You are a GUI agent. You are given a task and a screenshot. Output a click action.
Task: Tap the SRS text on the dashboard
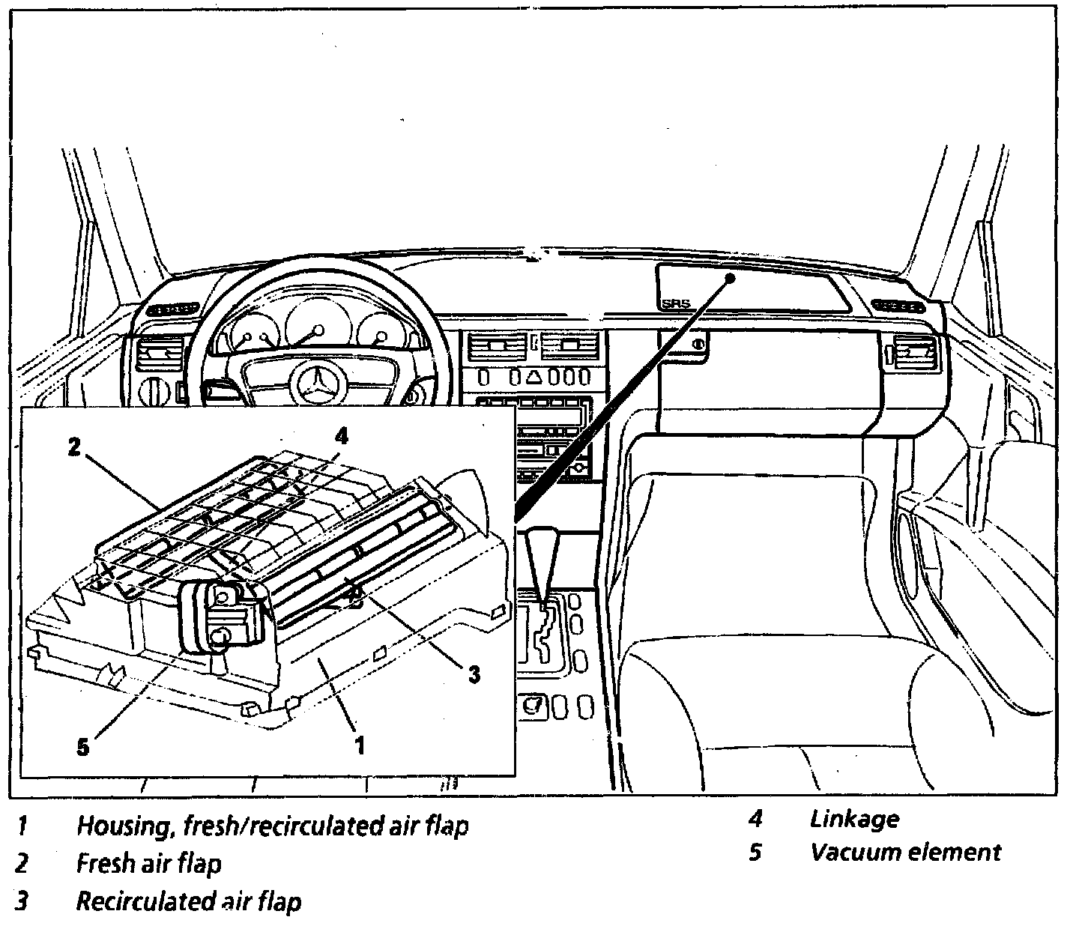coord(675,304)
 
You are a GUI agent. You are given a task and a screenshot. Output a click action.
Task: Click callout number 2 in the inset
coord(73,448)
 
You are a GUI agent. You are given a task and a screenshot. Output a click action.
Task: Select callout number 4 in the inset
coord(341,435)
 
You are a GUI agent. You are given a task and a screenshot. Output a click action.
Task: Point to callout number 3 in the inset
coord(473,674)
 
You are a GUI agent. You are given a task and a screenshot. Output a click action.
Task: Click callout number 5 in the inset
coord(83,746)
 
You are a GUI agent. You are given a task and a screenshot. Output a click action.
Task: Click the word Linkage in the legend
coord(854,819)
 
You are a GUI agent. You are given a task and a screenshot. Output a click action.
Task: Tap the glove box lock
coord(698,345)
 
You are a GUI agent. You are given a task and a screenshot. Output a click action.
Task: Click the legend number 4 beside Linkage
coord(755,819)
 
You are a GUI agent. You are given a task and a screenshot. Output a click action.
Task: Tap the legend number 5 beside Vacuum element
coord(755,853)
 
